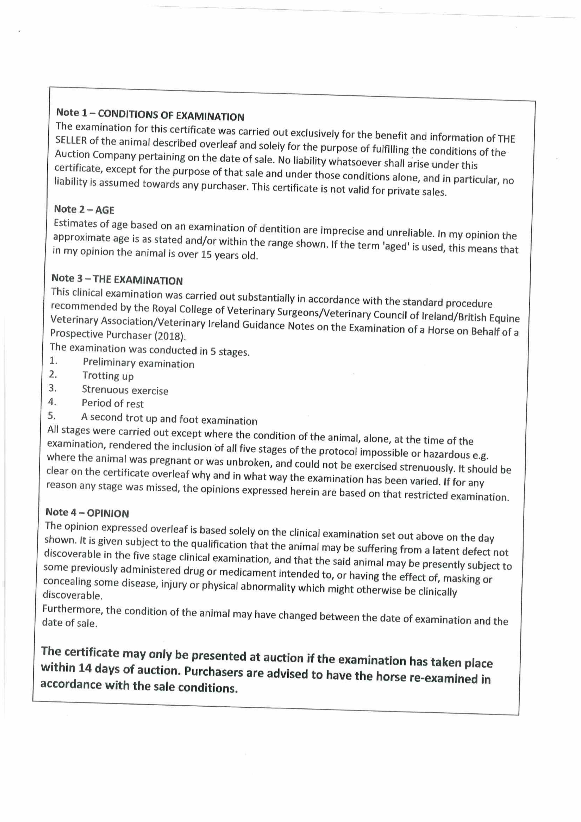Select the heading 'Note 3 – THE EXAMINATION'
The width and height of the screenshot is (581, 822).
pyautogui.click(x=117, y=279)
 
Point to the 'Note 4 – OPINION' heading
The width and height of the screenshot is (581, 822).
pyautogui.click(x=87, y=513)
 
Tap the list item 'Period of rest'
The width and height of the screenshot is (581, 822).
pyautogui.click(x=112, y=403)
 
